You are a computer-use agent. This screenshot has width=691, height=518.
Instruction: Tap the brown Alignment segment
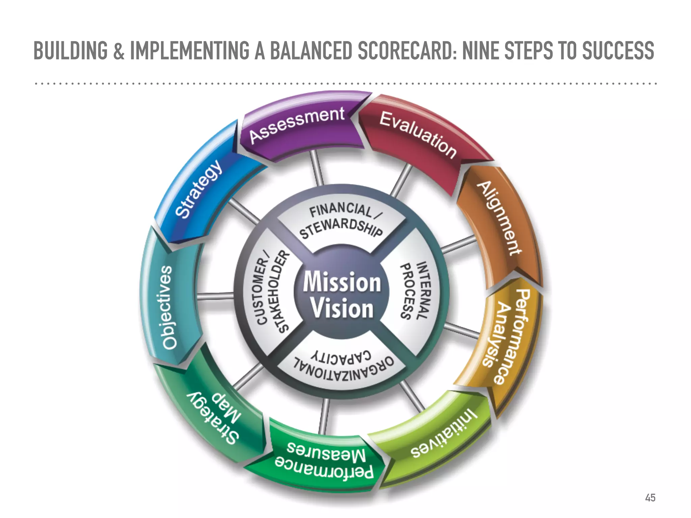click(x=498, y=219)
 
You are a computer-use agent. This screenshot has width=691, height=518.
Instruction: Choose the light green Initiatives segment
click(x=442, y=435)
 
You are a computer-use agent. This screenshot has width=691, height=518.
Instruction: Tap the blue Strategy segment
click(x=199, y=189)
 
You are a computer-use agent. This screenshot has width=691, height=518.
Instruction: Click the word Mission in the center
click(x=341, y=282)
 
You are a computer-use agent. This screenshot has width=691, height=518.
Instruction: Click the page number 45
click(x=650, y=498)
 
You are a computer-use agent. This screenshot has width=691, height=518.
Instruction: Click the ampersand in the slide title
click(x=118, y=51)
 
